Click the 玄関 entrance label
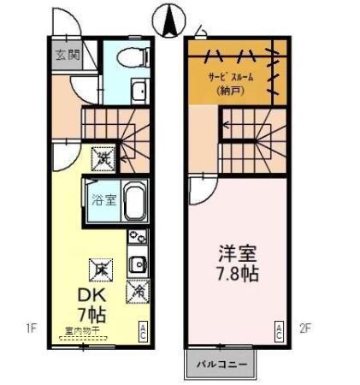coord(68,56)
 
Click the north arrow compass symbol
coord(169,18)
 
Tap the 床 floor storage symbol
coord(102,269)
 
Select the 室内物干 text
coord(81,329)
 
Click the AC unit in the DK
coord(144,329)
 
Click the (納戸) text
coord(228,90)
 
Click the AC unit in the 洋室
coord(278,329)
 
